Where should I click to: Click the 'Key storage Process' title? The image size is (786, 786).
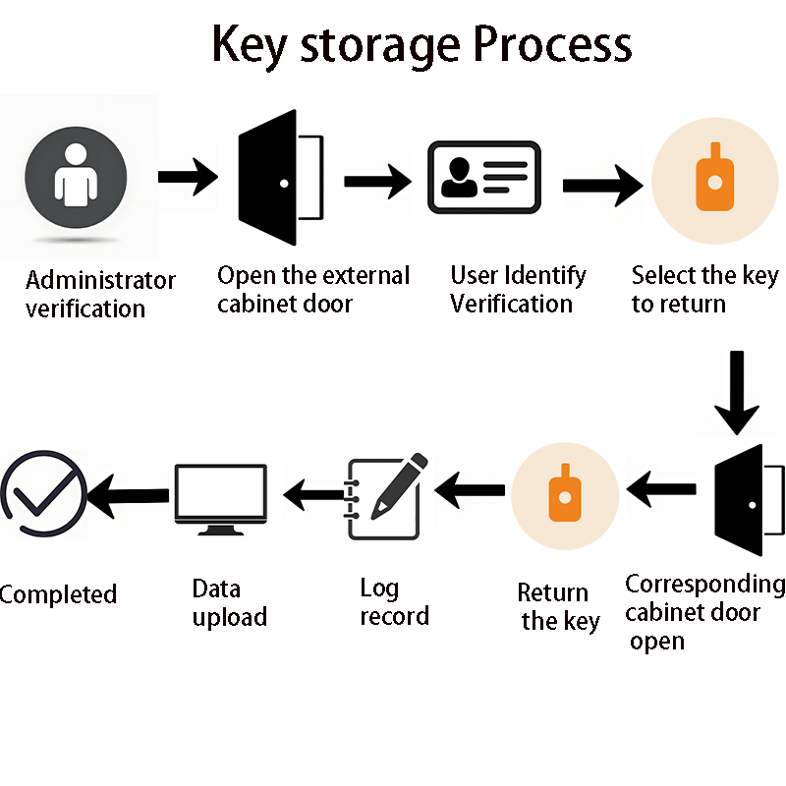[422, 44]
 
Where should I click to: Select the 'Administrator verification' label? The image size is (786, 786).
[100, 295]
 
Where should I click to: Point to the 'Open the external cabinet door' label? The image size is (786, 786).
[313, 289]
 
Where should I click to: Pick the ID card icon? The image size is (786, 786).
[484, 177]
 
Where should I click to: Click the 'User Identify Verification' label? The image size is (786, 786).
[518, 289]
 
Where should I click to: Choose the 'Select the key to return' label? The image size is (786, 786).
[703, 289]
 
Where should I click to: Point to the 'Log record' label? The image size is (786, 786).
[394, 602]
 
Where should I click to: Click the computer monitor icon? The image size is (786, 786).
[221, 499]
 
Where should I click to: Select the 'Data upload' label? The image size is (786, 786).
[229, 602]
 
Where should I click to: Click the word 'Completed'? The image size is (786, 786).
[58, 594]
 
